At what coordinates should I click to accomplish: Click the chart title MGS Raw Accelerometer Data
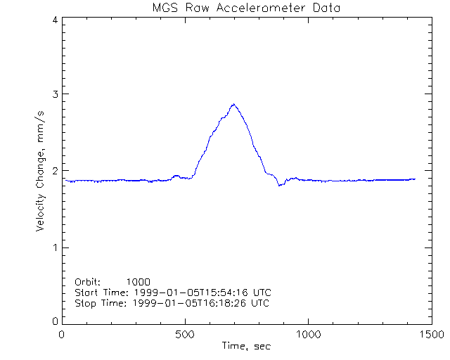(245, 8)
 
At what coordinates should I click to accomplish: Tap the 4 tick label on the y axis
(54, 20)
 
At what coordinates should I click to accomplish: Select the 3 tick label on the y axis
(54, 95)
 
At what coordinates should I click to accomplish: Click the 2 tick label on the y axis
(54, 171)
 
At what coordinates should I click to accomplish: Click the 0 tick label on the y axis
(54, 321)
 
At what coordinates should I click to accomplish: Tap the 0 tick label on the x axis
(63, 335)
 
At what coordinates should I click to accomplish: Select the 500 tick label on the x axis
(185, 335)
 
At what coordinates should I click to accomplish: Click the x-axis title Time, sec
(246, 346)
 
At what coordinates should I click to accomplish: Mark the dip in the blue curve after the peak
(279, 185)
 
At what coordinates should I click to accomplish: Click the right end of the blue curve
(415, 179)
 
